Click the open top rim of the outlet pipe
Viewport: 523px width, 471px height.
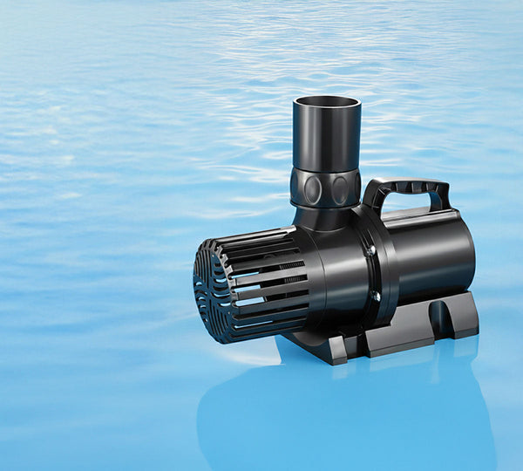(327, 102)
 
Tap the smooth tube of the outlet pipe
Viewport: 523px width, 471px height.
(326, 140)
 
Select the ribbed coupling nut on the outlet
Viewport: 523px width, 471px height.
(325, 187)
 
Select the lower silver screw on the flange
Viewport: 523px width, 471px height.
(376, 296)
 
